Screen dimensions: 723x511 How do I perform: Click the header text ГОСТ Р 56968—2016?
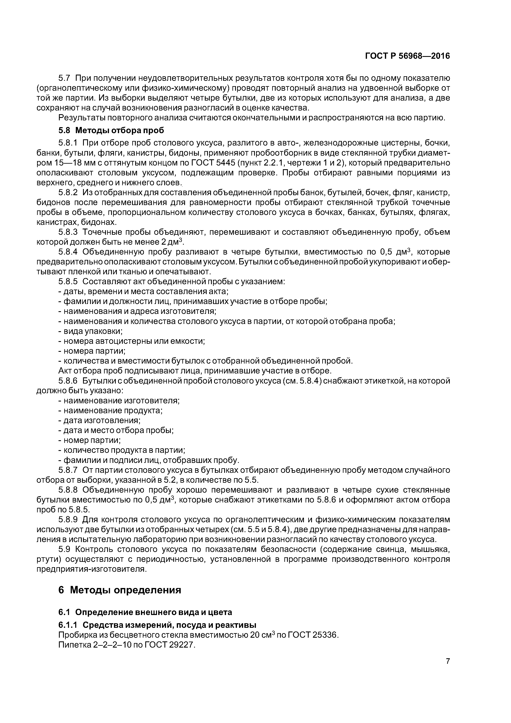click(407, 56)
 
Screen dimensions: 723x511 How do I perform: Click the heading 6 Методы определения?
click(120, 590)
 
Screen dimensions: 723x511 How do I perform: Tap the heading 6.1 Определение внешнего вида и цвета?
click(145, 612)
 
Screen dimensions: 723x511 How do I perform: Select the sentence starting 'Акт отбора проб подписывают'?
click(195, 371)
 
